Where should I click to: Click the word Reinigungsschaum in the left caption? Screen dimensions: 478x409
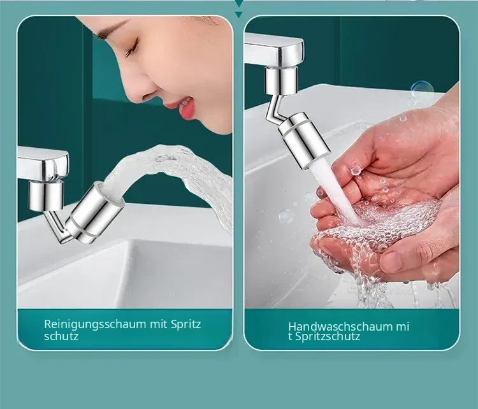pos(95,324)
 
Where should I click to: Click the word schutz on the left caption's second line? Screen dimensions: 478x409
pos(61,336)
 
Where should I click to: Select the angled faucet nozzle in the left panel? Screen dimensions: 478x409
pos(94,213)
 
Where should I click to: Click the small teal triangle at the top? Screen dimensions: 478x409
pos(239,14)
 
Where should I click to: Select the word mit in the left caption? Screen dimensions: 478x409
pos(159,324)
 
